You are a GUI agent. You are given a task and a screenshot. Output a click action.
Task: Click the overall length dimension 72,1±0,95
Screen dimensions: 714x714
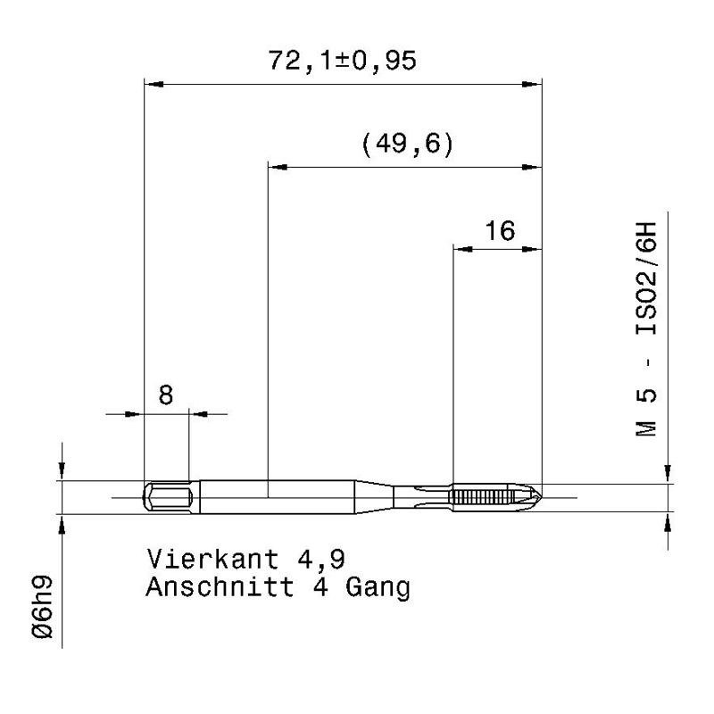tap(342, 61)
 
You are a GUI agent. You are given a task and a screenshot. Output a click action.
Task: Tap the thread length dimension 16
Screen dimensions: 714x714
tap(500, 231)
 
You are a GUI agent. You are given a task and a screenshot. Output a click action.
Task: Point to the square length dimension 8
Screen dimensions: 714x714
tap(166, 394)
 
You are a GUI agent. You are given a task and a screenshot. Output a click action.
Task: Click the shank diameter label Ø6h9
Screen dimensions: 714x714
tap(43, 607)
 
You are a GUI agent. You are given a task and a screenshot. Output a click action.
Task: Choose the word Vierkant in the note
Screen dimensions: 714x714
tap(212, 559)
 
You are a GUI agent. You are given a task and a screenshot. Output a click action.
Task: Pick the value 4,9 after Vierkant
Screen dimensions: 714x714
tap(321, 560)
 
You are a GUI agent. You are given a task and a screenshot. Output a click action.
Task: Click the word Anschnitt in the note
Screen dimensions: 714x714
tap(220, 586)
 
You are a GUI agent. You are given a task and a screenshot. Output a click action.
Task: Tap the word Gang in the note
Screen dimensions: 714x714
tap(378, 588)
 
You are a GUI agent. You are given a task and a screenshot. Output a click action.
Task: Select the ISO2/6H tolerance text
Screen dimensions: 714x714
tap(646, 278)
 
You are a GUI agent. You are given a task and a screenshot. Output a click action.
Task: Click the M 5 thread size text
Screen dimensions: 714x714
tap(646, 412)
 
